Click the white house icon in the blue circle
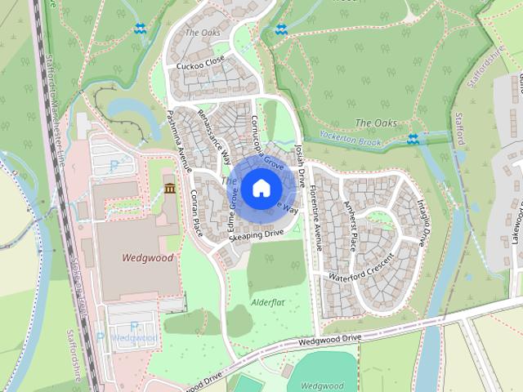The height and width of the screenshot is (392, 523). (x=260, y=189)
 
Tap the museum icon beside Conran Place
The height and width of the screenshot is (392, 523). (x=169, y=189)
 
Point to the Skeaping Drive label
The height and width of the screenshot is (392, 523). (x=256, y=234)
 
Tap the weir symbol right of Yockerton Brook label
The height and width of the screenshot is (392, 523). (x=413, y=139)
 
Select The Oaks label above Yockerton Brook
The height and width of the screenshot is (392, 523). (x=376, y=123)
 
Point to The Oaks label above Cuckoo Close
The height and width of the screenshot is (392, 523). (x=203, y=33)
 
